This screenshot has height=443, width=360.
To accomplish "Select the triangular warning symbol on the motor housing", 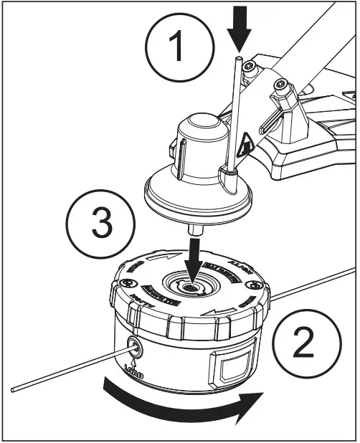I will coord(245,147).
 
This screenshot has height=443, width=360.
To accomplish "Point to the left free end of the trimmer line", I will coord(16,388).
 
